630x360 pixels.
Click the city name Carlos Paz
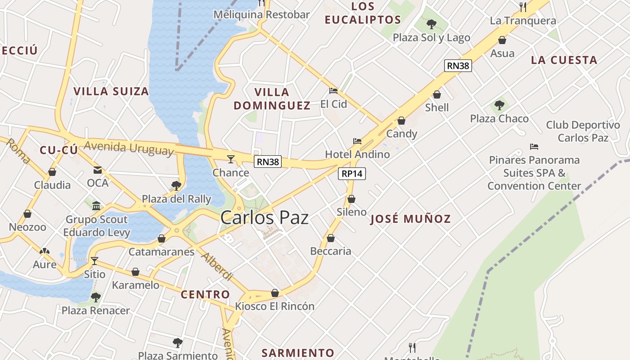(x=265, y=218)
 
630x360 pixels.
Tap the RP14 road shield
(x=352, y=174)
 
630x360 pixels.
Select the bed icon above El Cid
(x=333, y=91)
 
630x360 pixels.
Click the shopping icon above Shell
(x=437, y=94)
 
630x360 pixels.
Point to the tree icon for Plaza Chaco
(x=499, y=105)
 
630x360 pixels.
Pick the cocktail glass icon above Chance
(x=231, y=159)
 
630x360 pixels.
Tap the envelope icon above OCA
(x=98, y=170)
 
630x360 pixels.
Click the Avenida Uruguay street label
(x=129, y=148)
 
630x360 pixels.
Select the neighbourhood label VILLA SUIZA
(x=111, y=91)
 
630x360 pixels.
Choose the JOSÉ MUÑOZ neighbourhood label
(x=410, y=219)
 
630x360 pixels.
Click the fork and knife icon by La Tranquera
(x=523, y=7)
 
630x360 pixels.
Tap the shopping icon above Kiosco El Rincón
(x=275, y=293)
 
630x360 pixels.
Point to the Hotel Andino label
(x=357, y=154)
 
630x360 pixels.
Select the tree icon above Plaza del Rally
(x=176, y=185)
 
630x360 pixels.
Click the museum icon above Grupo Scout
(x=96, y=206)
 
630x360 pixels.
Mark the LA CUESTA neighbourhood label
(x=564, y=60)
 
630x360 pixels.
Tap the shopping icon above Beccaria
(x=331, y=238)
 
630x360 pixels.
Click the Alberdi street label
(x=217, y=267)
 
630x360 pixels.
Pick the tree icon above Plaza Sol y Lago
(x=432, y=24)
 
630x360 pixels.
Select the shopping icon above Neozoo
(x=27, y=214)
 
